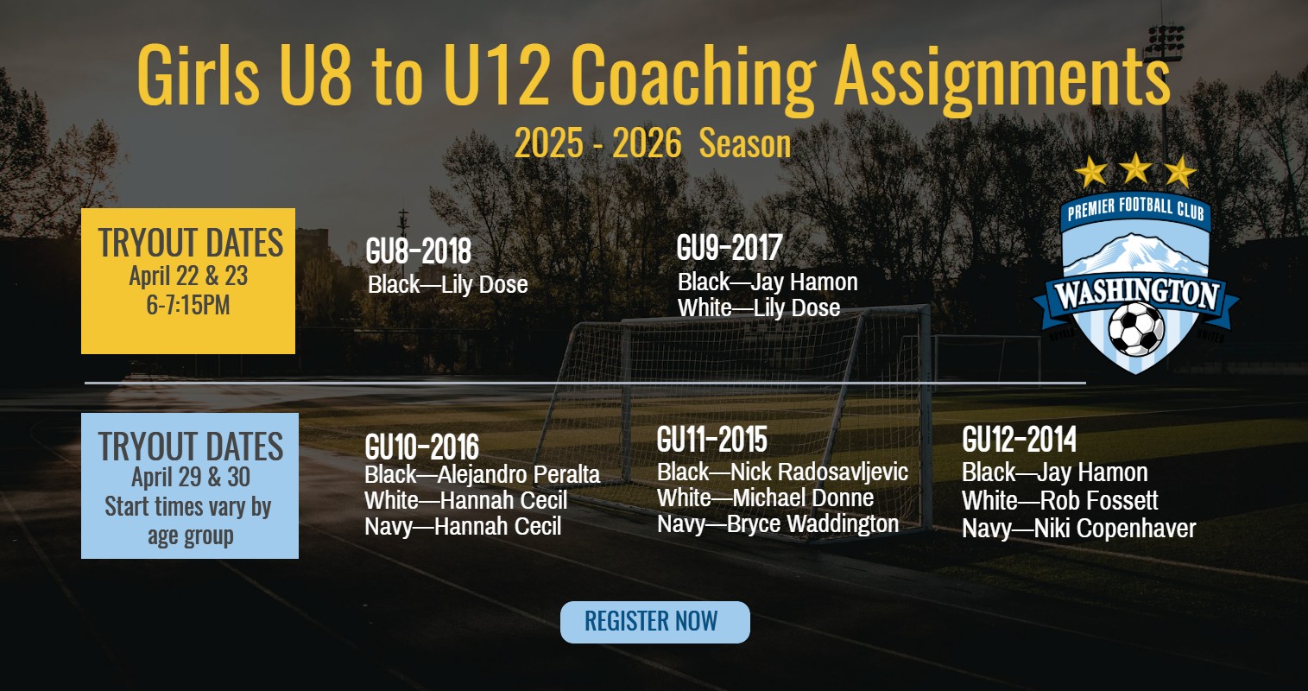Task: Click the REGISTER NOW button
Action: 654,622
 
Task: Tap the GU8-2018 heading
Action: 418,251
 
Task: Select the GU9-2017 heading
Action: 729,248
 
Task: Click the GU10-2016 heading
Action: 421,447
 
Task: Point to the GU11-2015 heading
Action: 711,440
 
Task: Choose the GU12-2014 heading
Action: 1019,440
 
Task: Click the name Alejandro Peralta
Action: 519,475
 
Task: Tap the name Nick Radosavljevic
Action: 819,472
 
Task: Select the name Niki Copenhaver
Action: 1115,529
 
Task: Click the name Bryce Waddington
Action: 812,524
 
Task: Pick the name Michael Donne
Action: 803,498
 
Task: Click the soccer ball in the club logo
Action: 1135,328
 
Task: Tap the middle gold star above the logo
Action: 1135,168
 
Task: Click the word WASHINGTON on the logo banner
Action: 1136,295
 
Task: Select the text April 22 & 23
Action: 188,276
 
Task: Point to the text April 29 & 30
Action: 190,477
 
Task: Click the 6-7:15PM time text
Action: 188,305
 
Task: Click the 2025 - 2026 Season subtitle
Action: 653,143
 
